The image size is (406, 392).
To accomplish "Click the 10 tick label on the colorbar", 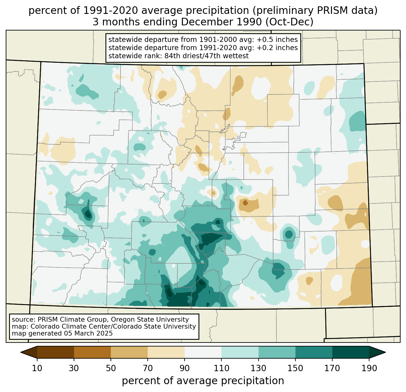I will point(37,368).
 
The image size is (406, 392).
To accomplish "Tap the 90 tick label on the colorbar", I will point(185,368).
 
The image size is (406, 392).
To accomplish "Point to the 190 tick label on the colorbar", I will point(369,368).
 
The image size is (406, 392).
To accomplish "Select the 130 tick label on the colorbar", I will point(258,368).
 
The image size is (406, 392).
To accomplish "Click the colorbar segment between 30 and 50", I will point(92,352).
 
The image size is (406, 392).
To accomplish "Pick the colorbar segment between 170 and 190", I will point(350,352).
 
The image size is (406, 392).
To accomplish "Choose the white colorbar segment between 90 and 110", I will point(203,352).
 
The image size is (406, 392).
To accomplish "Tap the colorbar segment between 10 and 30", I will point(56,352).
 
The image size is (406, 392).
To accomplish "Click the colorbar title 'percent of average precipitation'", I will point(203,381).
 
